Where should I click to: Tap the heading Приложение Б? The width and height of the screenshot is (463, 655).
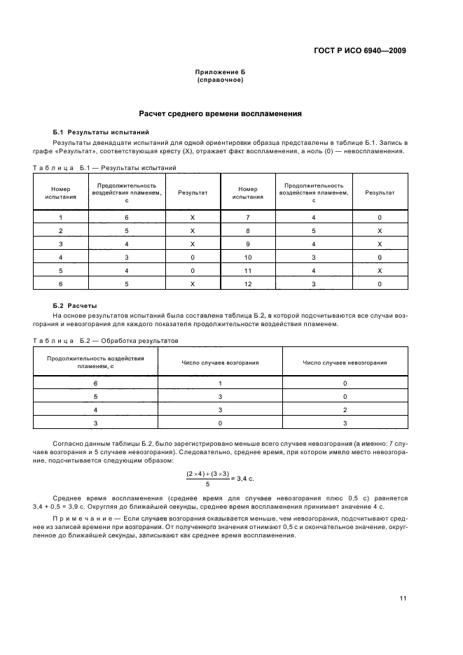tap(220, 73)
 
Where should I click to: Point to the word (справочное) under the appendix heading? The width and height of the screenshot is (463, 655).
tap(220, 80)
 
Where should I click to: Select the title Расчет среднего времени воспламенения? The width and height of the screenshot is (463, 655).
tap(220, 113)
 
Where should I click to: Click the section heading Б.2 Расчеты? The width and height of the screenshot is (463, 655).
tap(75, 306)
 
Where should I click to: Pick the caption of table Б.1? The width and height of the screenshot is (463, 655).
tap(104, 167)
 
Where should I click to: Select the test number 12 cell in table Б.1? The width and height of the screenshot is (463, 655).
tap(248, 283)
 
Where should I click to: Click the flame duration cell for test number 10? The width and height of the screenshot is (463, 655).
tap(313, 257)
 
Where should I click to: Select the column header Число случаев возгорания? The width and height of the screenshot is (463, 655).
tap(220, 362)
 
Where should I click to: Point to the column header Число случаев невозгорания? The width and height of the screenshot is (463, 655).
tap(345, 362)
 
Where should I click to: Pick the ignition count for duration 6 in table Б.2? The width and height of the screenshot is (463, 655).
tap(220, 383)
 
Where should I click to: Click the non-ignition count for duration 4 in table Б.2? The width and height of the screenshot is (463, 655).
tap(345, 409)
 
